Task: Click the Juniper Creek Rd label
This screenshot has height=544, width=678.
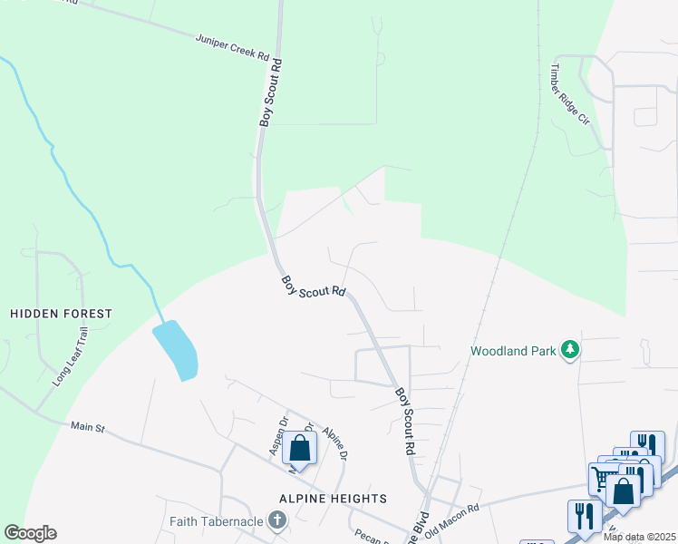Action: coord(234,46)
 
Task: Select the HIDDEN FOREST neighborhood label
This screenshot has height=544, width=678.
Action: coord(61,314)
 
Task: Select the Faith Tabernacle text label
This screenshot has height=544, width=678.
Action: coord(217,520)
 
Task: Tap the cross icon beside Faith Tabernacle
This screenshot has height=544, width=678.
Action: coord(278,520)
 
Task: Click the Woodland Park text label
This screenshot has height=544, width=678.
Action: coord(512,350)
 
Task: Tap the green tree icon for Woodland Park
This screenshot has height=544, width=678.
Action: coord(570,349)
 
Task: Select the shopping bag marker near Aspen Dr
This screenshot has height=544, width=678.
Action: coord(299,448)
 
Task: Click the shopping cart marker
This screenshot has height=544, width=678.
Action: coord(603,476)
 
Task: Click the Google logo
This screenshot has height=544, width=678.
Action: coord(30,533)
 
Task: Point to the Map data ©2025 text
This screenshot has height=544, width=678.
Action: coord(639,537)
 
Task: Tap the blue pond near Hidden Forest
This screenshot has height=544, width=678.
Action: coord(176,350)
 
